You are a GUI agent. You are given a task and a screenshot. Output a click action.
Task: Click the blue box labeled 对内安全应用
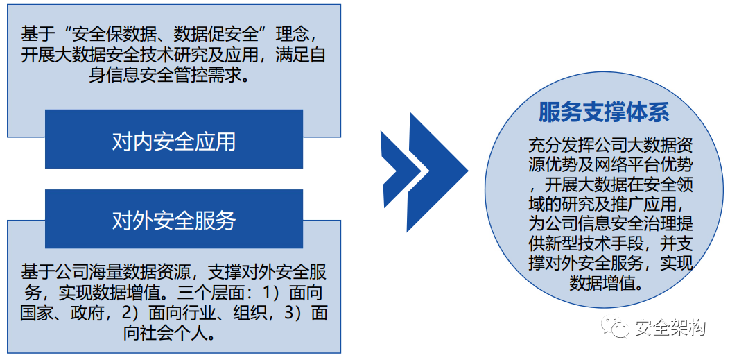coord(174,142)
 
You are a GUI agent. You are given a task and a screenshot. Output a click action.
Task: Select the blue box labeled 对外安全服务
coord(174,221)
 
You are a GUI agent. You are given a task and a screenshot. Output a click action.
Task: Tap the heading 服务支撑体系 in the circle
coord(603,112)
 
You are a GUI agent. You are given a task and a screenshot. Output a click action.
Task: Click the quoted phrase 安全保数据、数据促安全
coord(167,33)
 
